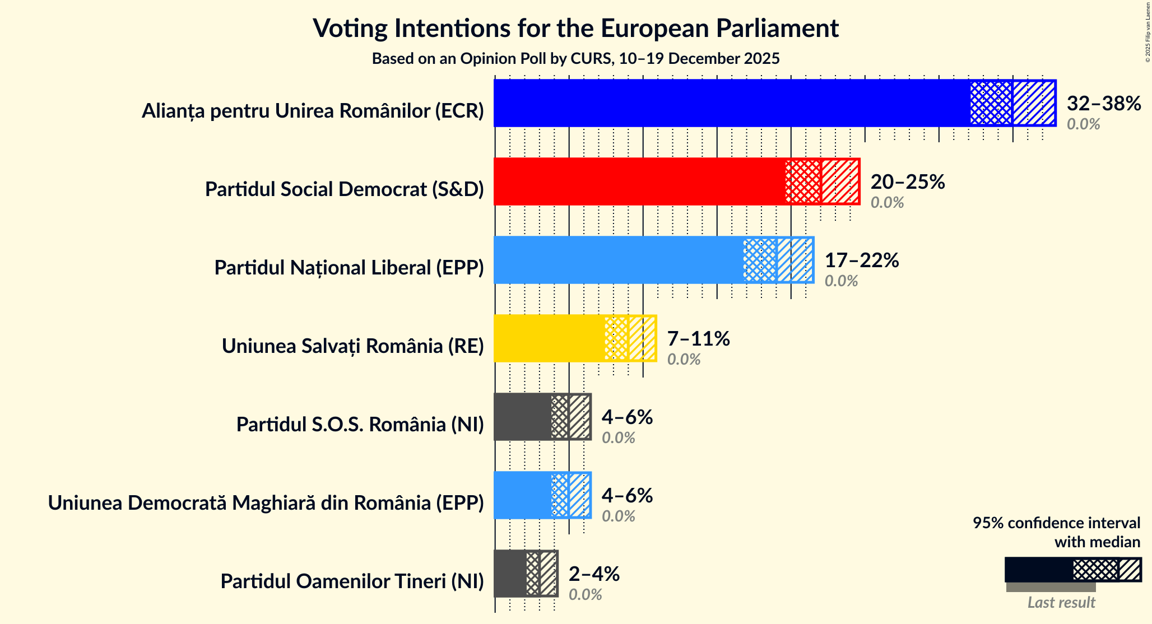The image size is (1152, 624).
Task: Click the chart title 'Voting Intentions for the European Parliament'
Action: tap(575, 28)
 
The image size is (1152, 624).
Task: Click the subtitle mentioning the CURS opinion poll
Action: tap(575, 59)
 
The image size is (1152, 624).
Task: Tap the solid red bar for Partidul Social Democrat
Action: tap(639, 181)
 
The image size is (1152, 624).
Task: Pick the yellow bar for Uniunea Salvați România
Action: tap(549, 338)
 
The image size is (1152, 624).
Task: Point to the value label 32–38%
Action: tap(1103, 104)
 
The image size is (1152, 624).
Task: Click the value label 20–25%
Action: tap(907, 182)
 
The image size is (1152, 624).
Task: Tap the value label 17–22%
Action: tap(861, 260)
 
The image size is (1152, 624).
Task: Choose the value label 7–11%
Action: tap(698, 339)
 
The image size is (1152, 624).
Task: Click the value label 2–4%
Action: tap(594, 574)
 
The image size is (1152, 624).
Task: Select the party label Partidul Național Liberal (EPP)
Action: tap(349, 268)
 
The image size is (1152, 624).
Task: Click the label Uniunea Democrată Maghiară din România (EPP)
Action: tap(266, 503)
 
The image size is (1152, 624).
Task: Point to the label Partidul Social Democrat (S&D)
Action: tap(344, 189)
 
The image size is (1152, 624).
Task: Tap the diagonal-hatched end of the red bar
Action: tap(840, 181)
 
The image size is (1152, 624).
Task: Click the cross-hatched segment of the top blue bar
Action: tap(991, 103)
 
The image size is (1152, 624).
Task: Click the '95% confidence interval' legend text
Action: tap(1056, 523)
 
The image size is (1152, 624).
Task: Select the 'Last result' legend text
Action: tap(1061, 603)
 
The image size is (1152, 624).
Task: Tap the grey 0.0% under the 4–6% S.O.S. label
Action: tap(618, 438)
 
